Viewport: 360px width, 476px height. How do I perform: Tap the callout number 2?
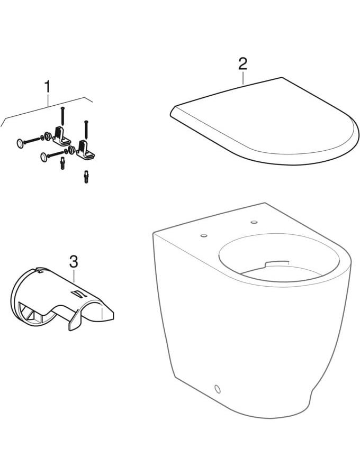point(242,63)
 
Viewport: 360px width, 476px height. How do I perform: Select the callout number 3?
point(74,262)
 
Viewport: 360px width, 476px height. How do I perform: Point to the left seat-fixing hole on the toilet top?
point(204,235)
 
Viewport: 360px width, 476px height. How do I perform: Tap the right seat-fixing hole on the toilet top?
point(254,223)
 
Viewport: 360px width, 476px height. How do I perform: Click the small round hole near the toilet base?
point(218,389)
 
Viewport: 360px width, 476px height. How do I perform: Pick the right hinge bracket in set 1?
point(85,150)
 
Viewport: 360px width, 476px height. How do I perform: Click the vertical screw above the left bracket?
point(62,116)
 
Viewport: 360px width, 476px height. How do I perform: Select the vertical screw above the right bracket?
point(86,130)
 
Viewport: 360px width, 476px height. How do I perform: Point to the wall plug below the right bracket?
point(86,178)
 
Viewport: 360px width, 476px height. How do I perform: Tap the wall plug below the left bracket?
point(62,163)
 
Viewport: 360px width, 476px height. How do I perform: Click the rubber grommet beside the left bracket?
point(48,136)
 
